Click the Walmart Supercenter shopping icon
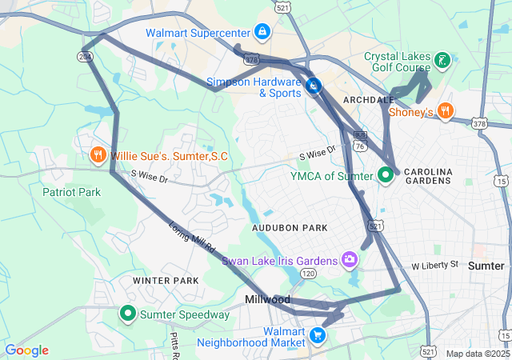tap(262, 32)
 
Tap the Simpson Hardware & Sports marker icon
tap(314, 86)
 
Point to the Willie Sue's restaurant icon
tap(98, 154)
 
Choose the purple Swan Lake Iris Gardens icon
tap(350, 259)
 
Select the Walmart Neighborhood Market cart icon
tap(318, 335)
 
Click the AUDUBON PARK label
tap(290, 228)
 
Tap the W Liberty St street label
tap(434, 265)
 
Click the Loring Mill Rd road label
tap(193, 238)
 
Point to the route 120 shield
tap(308, 274)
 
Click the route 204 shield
tap(85, 56)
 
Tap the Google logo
tap(27, 350)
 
